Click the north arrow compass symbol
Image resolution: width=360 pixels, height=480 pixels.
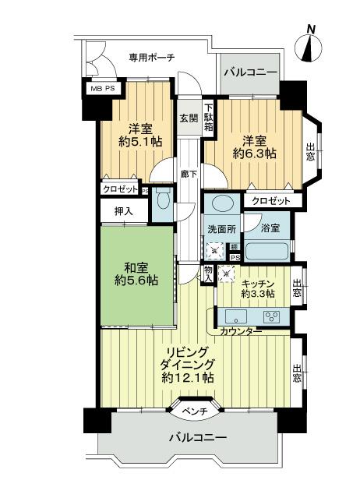pyautogui.click(x=311, y=44)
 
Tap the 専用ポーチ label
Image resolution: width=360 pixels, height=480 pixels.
pyautogui.click(x=151, y=58)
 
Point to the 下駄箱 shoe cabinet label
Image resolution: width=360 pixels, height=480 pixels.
pyautogui.click(x=209, y=117)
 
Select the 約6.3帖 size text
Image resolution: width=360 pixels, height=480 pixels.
pyautogui.click(x=254, y=154)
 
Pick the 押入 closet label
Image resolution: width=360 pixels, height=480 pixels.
pyautogui.click(x=123, y=211)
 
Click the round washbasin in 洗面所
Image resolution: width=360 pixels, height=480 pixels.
pyautogui.click(x=221, y=205)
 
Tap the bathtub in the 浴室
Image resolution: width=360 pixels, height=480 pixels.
pyautogui.click(x=266, y=252)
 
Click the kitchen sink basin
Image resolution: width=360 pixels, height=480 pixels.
pyautogui.click(x=235, y=316)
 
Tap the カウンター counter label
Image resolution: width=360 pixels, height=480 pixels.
pyautogui.click(x=241, y=332)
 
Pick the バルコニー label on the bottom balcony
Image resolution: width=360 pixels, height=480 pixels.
pyautogui.click(x=198, y=439)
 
